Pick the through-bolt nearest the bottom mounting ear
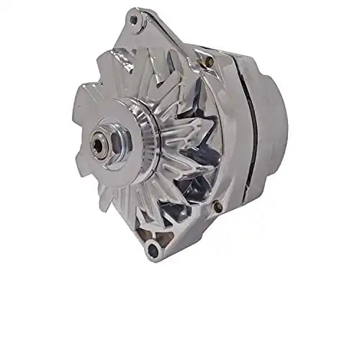(217, 208)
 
